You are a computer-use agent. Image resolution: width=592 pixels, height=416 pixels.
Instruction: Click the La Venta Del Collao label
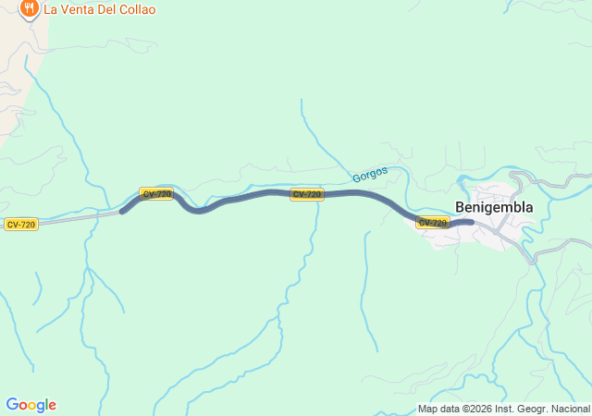click(x=100, y=9)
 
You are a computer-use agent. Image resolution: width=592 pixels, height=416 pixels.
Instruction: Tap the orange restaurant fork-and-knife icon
click(x=29, y=9)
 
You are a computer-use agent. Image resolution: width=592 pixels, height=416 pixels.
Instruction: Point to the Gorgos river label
click(x=370, y=174)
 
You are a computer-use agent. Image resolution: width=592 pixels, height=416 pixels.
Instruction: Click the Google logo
click(x=31, y=405)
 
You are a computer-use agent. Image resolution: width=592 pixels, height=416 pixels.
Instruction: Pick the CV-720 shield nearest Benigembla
click(x=433, y=223)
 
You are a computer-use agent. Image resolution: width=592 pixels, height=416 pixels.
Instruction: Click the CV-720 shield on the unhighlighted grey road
click(x=20, y=225)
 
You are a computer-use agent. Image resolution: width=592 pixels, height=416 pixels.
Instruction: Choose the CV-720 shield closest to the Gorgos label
click(x=307, y=194)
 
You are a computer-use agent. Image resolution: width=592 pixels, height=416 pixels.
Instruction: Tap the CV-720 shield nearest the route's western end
click(x=156, y=194)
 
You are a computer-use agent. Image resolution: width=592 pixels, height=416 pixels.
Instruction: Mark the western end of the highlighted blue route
click(x=122, y=212)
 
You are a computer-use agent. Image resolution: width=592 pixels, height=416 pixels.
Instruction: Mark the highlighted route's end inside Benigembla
click(x=472, y=222)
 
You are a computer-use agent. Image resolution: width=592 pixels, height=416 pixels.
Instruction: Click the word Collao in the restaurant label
click(x=135, y=9)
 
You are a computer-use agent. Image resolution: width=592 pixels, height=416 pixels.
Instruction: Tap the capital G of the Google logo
click(x=12, y=405)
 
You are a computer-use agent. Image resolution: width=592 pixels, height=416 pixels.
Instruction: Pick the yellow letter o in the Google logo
click(x=33, y=406)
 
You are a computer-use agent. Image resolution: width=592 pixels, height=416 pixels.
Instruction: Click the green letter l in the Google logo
click(x=48, y=405)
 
